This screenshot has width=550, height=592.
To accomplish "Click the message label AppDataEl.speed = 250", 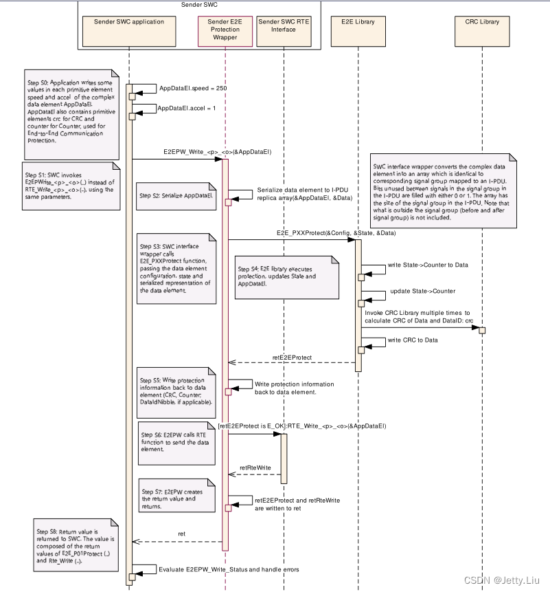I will [192, 89].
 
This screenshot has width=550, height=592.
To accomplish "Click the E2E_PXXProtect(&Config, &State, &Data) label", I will [336, 233].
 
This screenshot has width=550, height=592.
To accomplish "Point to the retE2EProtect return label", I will [292, 358].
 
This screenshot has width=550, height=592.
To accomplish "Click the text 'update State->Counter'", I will [422, 291].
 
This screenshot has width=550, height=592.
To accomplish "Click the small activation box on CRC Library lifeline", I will [482, 331].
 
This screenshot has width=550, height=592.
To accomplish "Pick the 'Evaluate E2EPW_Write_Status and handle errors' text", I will [229, 569].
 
